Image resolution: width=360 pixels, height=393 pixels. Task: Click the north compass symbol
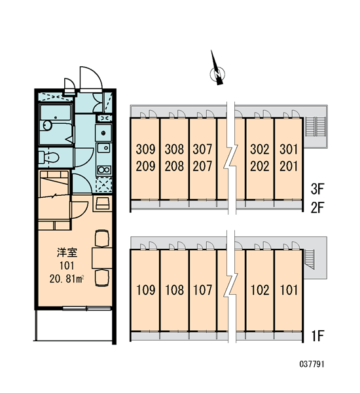tap(217, 73)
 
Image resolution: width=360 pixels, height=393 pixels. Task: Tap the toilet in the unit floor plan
tap(49, 157)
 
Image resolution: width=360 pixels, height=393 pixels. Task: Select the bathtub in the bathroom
tap(56, 112)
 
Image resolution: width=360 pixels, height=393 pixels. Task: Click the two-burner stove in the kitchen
tap(104, 170)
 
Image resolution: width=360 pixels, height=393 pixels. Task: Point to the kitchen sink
tap(103, 147)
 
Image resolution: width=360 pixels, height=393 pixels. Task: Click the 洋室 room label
tap(67, 252)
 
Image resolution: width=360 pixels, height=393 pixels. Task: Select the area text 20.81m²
tap(67, 279)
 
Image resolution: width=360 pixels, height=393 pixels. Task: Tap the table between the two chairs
tap(101, 258)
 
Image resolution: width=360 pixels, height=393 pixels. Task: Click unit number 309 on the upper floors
tap(145, 149)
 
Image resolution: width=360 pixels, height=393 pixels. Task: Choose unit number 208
tap(174, 166)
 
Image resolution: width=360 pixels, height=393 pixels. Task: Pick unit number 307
tap(202, 149)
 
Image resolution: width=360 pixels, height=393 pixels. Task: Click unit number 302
tap(260, 149)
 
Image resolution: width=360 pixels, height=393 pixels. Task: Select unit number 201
tap(289, 166)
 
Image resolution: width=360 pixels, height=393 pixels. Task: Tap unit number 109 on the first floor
tap(145, 290)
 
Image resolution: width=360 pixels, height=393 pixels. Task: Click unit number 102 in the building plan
tap(260, 290)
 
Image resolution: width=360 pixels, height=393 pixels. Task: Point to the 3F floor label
tap(317, 189)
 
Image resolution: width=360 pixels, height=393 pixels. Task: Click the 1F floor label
tap(318, 336)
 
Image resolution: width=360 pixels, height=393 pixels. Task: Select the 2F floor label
tap(317, 207)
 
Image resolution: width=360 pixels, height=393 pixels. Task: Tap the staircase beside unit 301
tap(315, 126)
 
